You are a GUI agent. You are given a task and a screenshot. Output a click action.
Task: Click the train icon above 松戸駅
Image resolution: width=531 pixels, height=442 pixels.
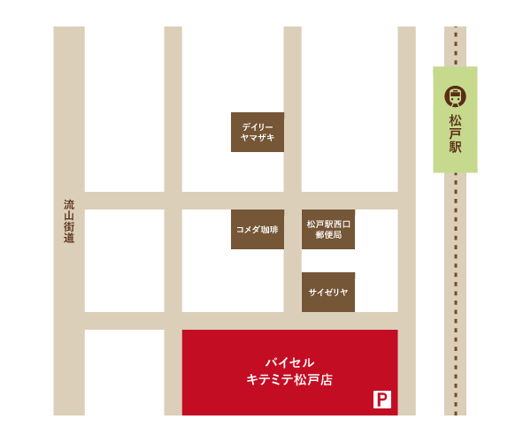point(455,95)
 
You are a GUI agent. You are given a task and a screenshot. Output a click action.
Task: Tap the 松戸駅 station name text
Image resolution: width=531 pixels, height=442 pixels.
point(455,133)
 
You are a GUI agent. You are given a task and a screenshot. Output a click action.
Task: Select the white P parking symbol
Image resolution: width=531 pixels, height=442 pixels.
point(382,400)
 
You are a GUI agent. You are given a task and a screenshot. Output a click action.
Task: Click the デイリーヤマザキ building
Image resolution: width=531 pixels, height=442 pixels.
point(258,132)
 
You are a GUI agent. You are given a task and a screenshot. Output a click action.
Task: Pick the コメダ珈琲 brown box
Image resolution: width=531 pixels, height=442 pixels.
point(258,229)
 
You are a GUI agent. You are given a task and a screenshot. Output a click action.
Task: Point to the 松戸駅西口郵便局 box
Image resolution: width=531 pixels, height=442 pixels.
point(328,229)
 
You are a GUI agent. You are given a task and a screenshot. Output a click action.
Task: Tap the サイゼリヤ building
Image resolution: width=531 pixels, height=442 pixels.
point(328,292)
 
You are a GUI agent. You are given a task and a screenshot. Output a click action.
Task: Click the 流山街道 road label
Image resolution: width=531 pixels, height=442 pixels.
point(69,221)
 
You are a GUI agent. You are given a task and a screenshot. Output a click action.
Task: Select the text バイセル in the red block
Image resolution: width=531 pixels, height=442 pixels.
point(289,362)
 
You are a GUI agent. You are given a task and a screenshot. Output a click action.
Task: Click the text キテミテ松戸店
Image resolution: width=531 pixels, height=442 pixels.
point(289,380)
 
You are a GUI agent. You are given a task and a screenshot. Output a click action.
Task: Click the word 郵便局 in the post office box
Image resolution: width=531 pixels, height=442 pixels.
point(328,235)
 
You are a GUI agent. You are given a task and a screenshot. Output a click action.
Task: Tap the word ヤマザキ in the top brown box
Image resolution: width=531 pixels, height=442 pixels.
point(258,138)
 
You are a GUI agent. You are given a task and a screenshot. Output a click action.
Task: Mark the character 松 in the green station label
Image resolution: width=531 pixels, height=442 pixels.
point(455,119)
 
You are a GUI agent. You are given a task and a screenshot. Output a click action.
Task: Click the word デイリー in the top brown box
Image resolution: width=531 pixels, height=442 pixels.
point(258,126)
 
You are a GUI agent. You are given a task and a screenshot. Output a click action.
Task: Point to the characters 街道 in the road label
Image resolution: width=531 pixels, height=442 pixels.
point(69,232)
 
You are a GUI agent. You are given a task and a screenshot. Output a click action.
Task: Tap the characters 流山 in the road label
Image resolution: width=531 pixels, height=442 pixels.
point(69,210)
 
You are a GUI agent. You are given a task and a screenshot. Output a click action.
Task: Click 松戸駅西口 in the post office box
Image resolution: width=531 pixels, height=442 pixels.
point(328,224)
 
